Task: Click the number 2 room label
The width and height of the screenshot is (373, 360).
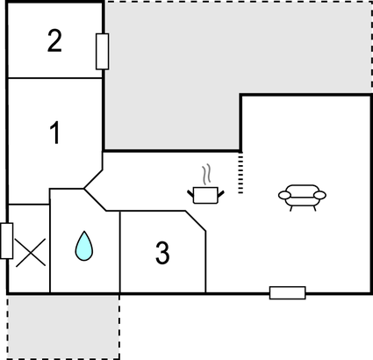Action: (54, 41)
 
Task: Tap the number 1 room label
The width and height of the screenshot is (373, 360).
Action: (55, 133)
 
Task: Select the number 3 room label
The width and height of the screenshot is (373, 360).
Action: (162, 253)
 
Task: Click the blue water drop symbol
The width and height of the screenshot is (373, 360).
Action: (84, 246)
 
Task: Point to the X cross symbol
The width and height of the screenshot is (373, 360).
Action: (31, 252)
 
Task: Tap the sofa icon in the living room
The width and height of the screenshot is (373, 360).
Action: (302, 198)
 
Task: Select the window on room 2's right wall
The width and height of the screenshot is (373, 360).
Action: (103, 52)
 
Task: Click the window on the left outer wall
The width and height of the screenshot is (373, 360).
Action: (6, 241)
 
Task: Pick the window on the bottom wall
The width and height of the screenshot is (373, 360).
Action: (288, 292)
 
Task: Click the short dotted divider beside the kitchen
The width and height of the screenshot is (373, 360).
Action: (240, 172)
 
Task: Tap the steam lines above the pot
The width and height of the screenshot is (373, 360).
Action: (206, 175)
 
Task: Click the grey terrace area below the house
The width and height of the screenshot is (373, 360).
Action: (63, 327)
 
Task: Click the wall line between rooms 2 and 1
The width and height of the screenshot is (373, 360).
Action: (54, 78)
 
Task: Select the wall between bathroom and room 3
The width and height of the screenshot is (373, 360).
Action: (120, 252)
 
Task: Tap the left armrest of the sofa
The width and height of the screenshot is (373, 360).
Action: (284, 195)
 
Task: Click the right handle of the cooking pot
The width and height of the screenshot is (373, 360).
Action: (221, 194)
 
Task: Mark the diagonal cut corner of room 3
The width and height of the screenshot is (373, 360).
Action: (196, 221)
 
